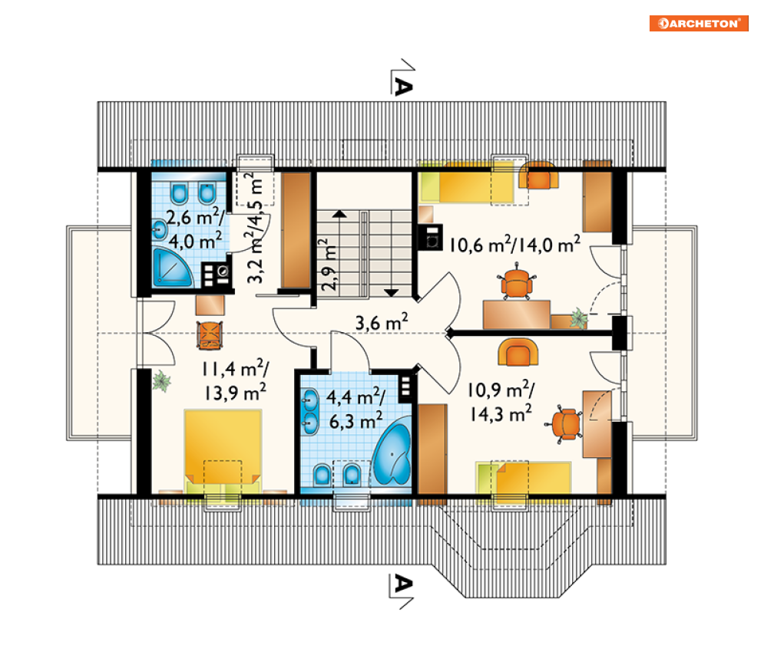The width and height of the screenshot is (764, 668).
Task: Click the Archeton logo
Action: [x=698, y=23]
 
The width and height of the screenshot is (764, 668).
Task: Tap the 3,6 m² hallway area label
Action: [x=382, y=322]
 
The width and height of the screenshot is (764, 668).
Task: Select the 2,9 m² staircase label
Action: [x=329, y=264]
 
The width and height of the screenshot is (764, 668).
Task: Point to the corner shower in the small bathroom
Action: [x=171, y=267]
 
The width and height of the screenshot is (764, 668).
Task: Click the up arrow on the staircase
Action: [x=339, y=213]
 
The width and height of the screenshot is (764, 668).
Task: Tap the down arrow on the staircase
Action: [x=392, y=292]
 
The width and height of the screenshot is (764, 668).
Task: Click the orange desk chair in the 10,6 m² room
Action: [x=516, y=282]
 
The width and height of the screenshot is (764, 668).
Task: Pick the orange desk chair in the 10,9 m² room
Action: [x=564, y=424]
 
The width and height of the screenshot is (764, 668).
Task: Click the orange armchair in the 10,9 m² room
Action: [x=518, y=352]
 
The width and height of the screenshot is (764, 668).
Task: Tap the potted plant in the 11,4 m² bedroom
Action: [x=161, y=380]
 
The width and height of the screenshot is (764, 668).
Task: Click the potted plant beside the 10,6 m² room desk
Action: [x=579, y=318]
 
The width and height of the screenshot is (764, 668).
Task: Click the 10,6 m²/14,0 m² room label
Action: [x=514, y=244]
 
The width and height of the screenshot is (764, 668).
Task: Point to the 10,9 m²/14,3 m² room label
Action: [x=501, y=401]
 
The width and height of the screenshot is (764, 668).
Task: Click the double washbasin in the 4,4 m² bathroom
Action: [x=309, y=411]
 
